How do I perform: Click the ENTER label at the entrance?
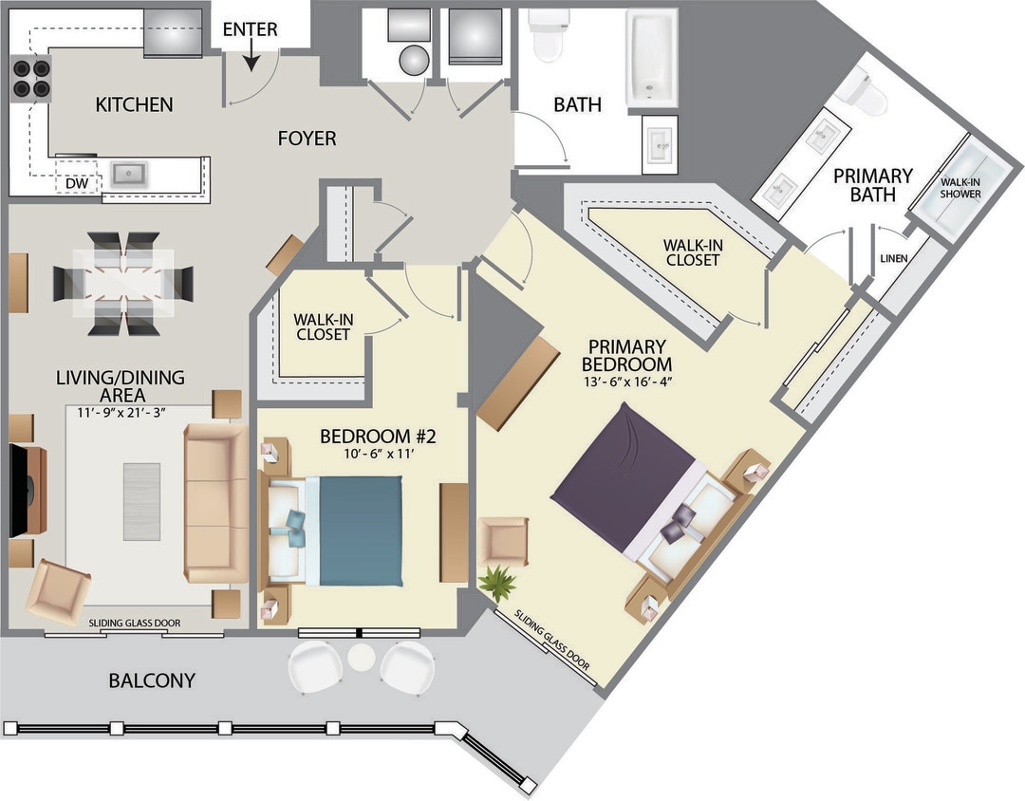tap(250, 29)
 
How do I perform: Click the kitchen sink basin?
tap(128, 174)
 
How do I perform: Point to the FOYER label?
tap(307, 139)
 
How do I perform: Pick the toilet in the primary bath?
tap(865, 91)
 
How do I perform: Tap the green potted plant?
tap(496, 583)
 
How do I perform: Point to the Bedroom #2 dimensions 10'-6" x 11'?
tap(377, 455)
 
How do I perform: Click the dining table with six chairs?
tap(123, 283)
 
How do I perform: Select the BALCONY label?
tap(152, 680)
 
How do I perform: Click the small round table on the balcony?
tap(361, 656)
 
